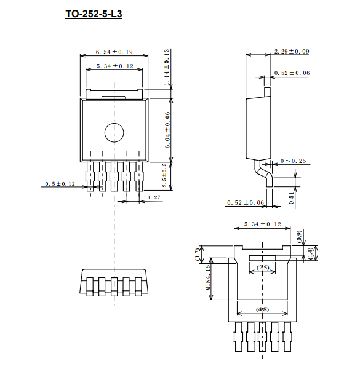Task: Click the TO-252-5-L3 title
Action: pos(94,14)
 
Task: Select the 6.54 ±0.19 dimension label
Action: pos(114,52)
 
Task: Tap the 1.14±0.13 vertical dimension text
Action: pos(167,67)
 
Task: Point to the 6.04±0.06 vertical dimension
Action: pos(167,130)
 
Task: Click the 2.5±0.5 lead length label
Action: pos(164,175)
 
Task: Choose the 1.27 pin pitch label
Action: pos(154,197)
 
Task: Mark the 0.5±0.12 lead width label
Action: pos(60,184)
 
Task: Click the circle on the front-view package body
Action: pos(114,133)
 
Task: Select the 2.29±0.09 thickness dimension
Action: pos(292,52)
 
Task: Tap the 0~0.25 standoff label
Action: pos(293,161)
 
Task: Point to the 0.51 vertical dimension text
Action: pos(292,198)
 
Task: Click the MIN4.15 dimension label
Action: pos(208,277)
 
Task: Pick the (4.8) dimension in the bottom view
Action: pos(262,309)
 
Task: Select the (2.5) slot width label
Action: pos(263,268)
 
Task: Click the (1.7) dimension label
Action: pos(198,255)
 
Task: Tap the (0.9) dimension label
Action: pos(299,237)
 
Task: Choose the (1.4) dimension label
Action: pos(311,253)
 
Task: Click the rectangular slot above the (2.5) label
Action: pos(262,258)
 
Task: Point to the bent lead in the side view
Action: pos(263,173)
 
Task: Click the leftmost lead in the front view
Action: pos(90,177)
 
